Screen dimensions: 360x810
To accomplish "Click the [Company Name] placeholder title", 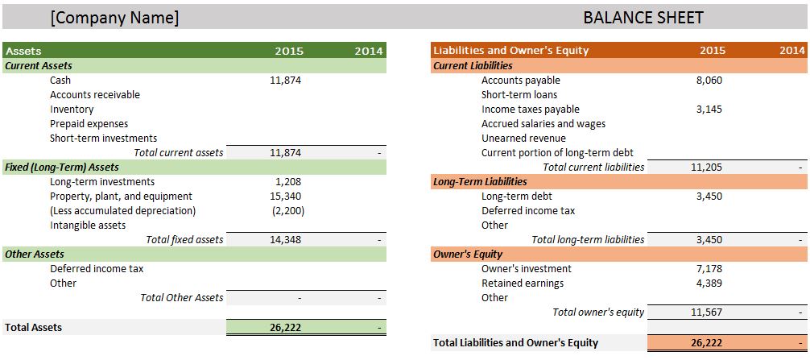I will coord(114,17).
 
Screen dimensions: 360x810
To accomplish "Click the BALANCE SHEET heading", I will coord(643,17).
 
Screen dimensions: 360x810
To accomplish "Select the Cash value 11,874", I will coord(286,80).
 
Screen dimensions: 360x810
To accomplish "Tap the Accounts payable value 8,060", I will coord(709,80).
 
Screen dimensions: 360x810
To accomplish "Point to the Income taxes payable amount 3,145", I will coord(709,109).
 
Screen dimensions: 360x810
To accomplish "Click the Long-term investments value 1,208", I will coord(287,181).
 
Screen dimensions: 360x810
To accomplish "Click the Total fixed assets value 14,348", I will coord(286,239).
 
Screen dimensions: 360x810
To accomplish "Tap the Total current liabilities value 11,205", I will coord(707,167).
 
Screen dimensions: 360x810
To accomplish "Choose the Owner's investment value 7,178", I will coord(709,268).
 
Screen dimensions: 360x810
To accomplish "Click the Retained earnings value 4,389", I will coord(709,283).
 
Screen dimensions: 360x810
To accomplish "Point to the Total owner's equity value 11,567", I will coord(707,312).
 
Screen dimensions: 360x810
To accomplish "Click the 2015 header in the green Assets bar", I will coord(289,51).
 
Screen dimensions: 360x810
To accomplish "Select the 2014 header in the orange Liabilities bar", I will coord(792,50).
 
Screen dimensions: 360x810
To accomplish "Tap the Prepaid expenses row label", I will coord(89,123).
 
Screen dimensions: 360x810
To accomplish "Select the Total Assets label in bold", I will coord(33,327).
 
